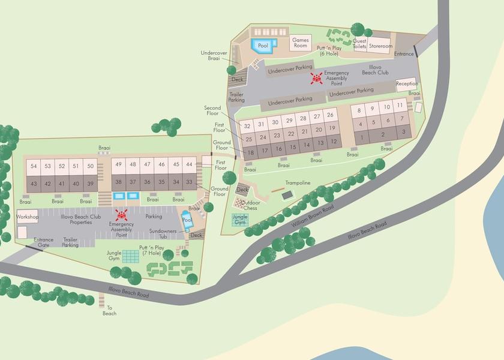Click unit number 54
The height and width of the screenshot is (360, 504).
pos(34,166)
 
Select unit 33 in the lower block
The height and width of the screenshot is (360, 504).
pos(190,182)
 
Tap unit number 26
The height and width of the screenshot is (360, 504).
pos(330,115)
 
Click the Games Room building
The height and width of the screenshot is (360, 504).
pos(300,43)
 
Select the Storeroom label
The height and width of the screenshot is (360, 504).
pos(380,46)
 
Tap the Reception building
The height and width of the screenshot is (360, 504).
pos(407,84)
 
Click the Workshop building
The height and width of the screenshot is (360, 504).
pos(28,217)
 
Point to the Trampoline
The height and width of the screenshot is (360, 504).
pos(287,194)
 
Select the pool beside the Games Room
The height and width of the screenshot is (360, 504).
pos(263,46)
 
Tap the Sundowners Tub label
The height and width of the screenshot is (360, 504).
pos(163,233)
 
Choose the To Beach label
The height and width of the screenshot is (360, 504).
pos(109,311)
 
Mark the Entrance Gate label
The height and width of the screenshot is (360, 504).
pos(44,242)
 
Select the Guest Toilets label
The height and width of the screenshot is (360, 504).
pos(359,44)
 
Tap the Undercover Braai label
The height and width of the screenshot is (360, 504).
pos(214,56)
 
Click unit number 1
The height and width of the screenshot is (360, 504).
pos(362,136)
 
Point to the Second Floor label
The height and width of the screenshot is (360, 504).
pos(212,111)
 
